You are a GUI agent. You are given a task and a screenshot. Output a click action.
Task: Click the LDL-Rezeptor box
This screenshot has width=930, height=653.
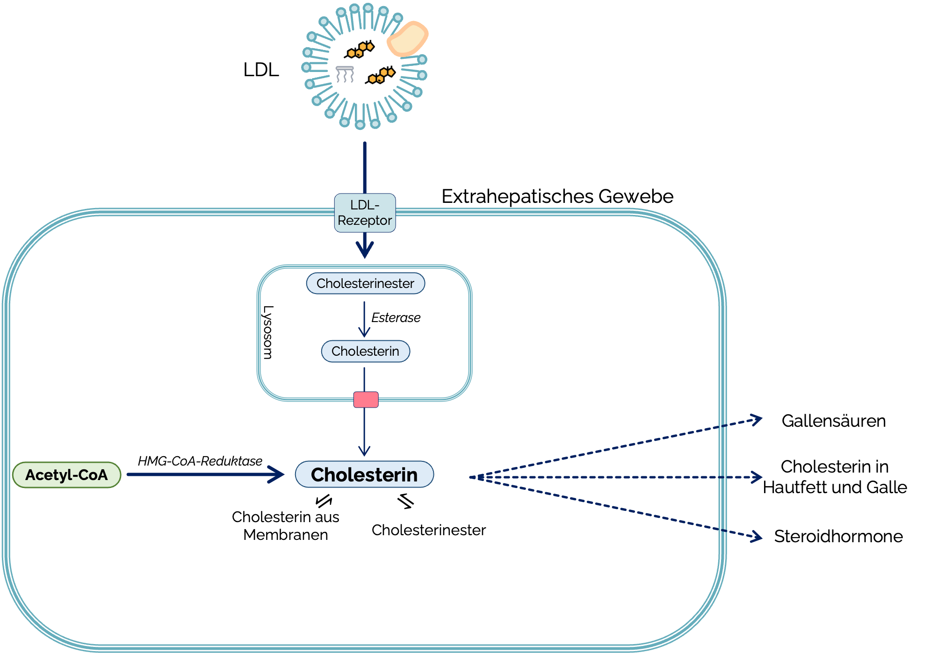pos(365,213)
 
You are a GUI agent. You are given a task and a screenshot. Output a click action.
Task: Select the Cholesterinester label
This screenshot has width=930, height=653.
pos(365,283)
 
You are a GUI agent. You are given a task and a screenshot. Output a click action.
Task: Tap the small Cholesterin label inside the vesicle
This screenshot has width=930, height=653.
pos(365,351)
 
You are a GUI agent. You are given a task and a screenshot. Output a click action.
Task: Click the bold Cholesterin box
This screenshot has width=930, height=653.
pos(364,474)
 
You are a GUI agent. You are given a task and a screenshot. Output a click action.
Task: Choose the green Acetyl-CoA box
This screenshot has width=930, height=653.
pos(66,475)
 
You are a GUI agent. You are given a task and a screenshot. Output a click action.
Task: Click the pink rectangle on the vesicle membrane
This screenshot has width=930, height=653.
pos(366,400)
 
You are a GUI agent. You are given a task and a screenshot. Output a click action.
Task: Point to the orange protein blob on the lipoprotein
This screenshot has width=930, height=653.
pos(407,39)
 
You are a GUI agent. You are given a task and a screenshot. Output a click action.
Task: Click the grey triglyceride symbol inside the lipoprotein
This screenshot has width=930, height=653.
pos(345,74)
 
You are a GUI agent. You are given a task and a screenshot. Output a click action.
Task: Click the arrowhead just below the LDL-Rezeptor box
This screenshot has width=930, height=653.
pos(365,251)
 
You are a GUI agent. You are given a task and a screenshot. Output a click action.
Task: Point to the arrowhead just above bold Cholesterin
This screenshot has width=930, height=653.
pos(364,451)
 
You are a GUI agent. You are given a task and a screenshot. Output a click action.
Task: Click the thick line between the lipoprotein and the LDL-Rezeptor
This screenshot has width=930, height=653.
pos(365,168)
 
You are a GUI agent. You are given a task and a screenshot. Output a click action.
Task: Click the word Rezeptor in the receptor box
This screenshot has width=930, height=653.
pos(365,221)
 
